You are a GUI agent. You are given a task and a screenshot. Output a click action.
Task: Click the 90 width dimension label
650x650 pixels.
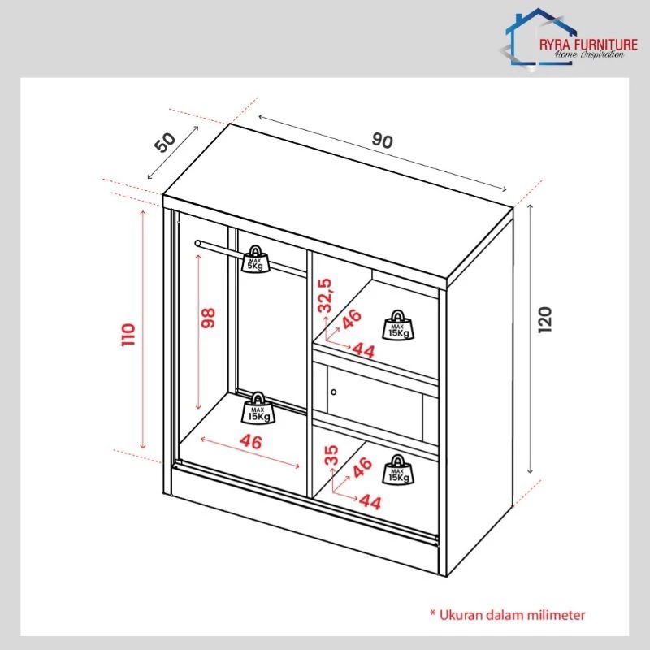(x=382, y=141)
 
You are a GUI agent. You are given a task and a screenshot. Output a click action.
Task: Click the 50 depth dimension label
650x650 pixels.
(x=165, y=141)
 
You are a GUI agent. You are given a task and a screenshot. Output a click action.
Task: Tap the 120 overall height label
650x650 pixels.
(x=544, y=319)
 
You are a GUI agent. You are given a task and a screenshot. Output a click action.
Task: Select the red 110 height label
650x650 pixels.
(x=128, y=335)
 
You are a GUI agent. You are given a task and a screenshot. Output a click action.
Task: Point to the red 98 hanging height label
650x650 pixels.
(x=208, y=318)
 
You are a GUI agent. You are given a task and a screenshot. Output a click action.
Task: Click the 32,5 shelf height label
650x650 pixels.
(x=324, y=295)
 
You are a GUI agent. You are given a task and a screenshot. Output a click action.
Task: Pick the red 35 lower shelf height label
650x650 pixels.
(x=331, y=455)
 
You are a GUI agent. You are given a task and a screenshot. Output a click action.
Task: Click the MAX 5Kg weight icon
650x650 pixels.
(x=255, y=259)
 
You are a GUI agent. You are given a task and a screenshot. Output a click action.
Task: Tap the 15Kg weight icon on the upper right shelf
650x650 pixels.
(x=397, y=324)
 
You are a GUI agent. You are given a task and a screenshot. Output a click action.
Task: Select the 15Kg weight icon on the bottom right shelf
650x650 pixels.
(x=397, y=470)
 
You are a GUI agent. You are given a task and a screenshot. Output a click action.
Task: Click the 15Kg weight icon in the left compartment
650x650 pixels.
(x=258, y=408)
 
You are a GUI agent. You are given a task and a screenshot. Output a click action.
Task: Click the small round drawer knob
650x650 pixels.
(x=334, y=392)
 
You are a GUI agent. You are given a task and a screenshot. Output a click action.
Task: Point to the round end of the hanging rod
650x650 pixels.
(x=197, y=243)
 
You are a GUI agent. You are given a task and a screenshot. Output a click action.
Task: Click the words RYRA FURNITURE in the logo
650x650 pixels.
(x=588, y=45)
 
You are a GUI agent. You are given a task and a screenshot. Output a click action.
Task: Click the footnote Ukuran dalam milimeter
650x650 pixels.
(x=507, y=615)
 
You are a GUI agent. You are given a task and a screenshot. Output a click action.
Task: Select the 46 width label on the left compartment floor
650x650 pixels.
(x=251, y=442)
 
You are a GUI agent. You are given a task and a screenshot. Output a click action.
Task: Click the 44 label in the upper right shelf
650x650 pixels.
(x=363, y=351)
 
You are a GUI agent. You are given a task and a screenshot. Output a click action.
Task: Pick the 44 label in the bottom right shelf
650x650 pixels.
(x=370, y=502)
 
